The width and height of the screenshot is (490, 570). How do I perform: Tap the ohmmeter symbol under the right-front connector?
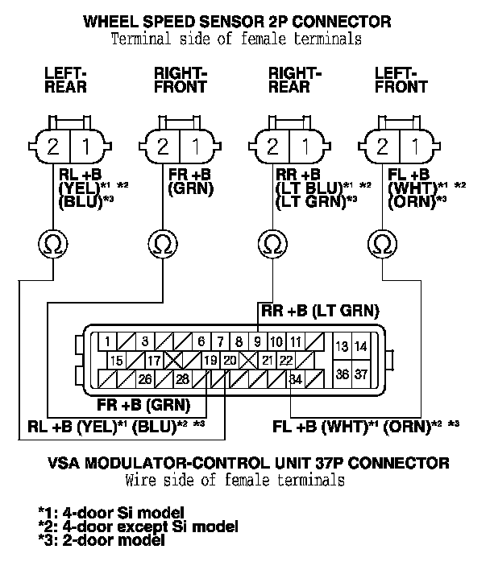[162, 242]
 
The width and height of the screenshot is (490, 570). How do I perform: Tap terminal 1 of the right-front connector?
[194, 147]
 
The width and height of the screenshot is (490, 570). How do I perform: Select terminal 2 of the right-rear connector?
[272, 147]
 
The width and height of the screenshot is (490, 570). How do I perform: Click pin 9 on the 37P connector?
[257, 341]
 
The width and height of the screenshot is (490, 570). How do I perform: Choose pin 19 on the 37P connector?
[211, 360]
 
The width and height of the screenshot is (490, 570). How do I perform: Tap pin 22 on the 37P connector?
[284, 360]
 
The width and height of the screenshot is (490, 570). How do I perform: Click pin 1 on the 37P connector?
[107, 341]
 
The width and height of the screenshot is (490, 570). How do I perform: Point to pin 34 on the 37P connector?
[296, 378]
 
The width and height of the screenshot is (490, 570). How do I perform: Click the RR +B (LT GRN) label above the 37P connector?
[319, 310]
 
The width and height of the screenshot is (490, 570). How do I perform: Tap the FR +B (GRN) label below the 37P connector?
[143, 404]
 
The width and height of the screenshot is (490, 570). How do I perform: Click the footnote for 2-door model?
[102, 541]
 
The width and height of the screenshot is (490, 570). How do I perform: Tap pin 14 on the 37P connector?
[360, 347]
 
